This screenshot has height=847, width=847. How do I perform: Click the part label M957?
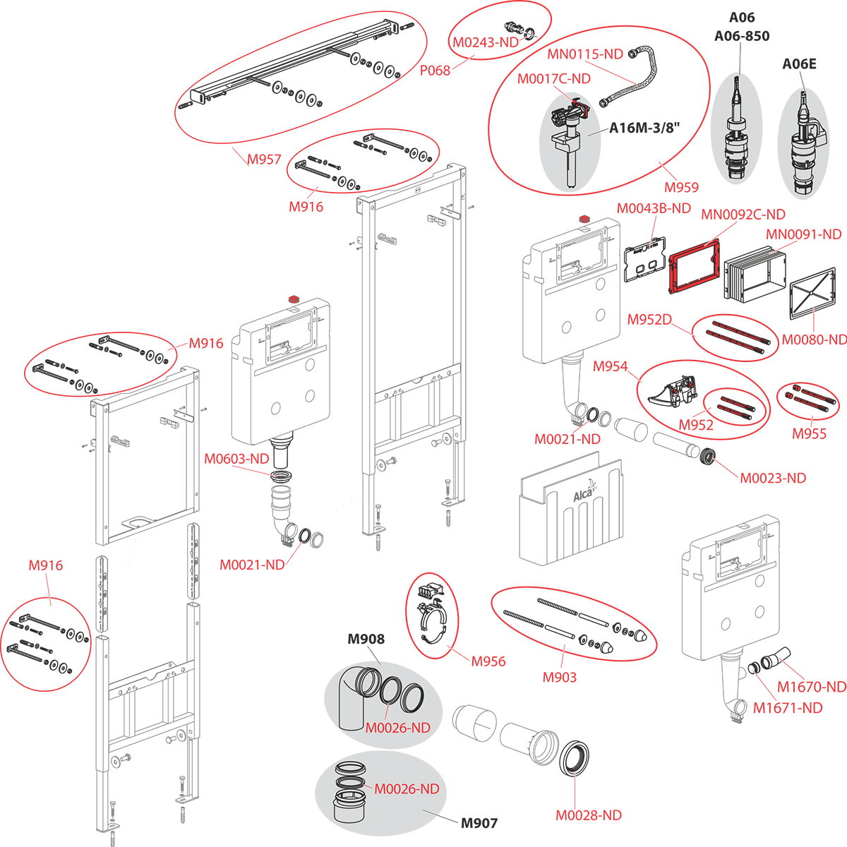point(264,160)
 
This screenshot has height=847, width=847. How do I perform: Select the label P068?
point(435,71)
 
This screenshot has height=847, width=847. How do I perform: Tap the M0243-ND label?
point(486,42)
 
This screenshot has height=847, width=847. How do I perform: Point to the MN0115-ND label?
point(585,54)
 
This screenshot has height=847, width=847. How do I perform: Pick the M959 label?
point(681,187)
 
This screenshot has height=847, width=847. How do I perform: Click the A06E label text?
point(799,64)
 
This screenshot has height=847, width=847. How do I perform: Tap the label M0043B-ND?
point(654,208)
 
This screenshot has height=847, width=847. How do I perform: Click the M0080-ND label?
point(814,340)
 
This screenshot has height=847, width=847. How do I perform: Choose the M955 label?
point(809,433)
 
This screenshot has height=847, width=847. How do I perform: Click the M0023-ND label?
point(773,478)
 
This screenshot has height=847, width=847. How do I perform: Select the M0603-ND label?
point(237,459)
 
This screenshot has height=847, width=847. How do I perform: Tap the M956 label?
point(488,661)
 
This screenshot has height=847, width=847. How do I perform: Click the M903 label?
point(559,678)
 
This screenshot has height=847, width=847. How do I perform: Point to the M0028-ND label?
point(589,815)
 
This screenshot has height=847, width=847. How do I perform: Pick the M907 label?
point(479,823)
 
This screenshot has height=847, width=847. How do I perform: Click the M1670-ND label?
point(812,686)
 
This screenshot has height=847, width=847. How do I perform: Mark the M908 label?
point(366,639)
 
